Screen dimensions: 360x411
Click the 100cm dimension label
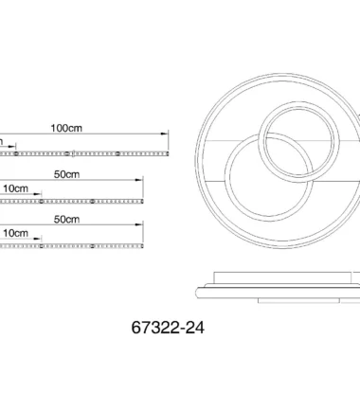point(66,128)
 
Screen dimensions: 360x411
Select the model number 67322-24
point(168,328)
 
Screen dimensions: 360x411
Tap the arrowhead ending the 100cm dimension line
point(165,134)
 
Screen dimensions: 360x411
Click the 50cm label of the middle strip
point(66,174)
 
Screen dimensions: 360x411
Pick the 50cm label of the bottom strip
point(66,219)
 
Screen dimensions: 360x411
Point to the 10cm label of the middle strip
point(15,188)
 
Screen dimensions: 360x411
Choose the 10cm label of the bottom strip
point(15,233)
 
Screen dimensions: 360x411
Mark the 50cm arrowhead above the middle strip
point(139,180)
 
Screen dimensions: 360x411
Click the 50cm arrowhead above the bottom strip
point(139,224)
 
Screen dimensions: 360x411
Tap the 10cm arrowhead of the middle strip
point(38,194)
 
